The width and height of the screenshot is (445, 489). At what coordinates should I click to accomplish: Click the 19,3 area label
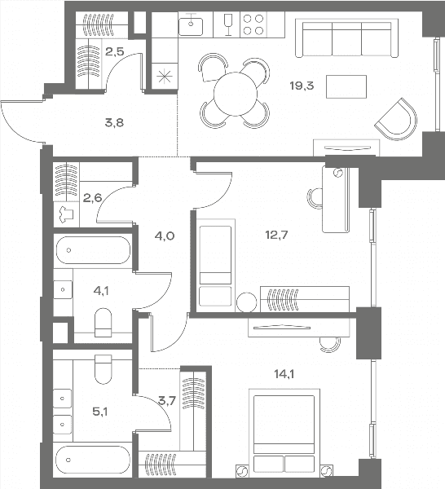click(302, 86)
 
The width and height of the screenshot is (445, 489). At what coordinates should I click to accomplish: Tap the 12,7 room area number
click(276, 235)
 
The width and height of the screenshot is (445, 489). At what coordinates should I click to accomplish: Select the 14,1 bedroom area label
click(284, 373)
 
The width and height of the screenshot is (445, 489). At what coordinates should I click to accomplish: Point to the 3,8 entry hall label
click(114, 122)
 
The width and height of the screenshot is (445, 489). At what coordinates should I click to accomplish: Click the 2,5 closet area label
click(114, 51)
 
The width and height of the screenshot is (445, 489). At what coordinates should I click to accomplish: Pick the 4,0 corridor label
click(165, 236)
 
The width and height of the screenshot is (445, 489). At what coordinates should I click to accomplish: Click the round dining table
click(235, 94)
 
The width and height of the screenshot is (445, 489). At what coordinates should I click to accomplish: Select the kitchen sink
click(191, 24)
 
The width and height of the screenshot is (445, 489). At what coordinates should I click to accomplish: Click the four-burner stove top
click(253, 24)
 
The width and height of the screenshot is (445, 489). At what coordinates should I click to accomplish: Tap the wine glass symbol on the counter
click(228, 24)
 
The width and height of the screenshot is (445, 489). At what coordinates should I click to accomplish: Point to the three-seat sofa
click(346, 38)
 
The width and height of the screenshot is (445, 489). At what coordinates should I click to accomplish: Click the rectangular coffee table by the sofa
click(346, 86)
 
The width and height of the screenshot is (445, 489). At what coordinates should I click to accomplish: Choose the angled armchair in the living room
click(397, 120)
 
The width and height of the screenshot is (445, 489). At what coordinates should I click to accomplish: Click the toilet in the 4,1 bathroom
click(103, 323)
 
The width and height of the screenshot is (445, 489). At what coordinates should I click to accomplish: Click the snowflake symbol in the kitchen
click(165, 77)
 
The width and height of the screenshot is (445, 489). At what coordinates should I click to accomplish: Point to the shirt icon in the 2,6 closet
click(66, 215)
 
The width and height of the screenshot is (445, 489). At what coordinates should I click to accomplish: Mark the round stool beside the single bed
click(247, 302)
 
